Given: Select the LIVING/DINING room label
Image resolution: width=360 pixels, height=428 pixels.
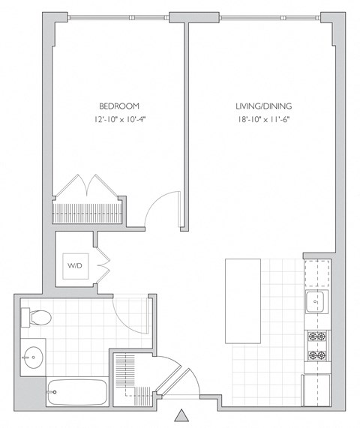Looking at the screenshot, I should coord(262,106).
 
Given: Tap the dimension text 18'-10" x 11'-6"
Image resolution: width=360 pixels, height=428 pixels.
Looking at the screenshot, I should coord(262,119).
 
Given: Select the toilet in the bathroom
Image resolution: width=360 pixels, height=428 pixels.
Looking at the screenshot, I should coord(35,318).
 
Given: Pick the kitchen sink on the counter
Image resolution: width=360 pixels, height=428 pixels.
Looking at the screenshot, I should coord(315,303).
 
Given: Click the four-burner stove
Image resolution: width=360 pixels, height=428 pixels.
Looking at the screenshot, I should coord(316,345).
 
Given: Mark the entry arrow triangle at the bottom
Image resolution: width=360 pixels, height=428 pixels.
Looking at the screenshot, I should coord(181,415).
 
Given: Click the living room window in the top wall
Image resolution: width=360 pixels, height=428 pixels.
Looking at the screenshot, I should coord(270,16).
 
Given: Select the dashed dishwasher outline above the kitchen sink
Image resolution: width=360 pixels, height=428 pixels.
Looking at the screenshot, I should coord(316,274).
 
